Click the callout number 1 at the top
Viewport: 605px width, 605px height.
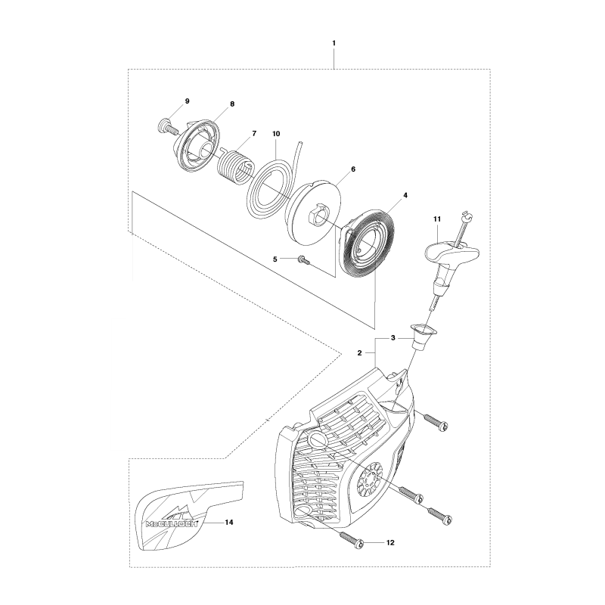click(334, 43)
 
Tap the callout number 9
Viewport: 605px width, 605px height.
click(187, 101)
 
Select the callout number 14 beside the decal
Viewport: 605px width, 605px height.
click(229, 522)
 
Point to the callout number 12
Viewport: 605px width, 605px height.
click(390, 542)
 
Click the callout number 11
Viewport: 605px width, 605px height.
click(437, 219)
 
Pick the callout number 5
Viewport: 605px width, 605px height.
click(275, 259)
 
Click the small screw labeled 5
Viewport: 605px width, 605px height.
click(304, 261)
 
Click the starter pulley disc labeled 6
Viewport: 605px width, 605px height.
click(315, 214)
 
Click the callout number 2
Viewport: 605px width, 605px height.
click(359, 352)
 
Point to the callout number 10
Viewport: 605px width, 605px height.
click(276, 134)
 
